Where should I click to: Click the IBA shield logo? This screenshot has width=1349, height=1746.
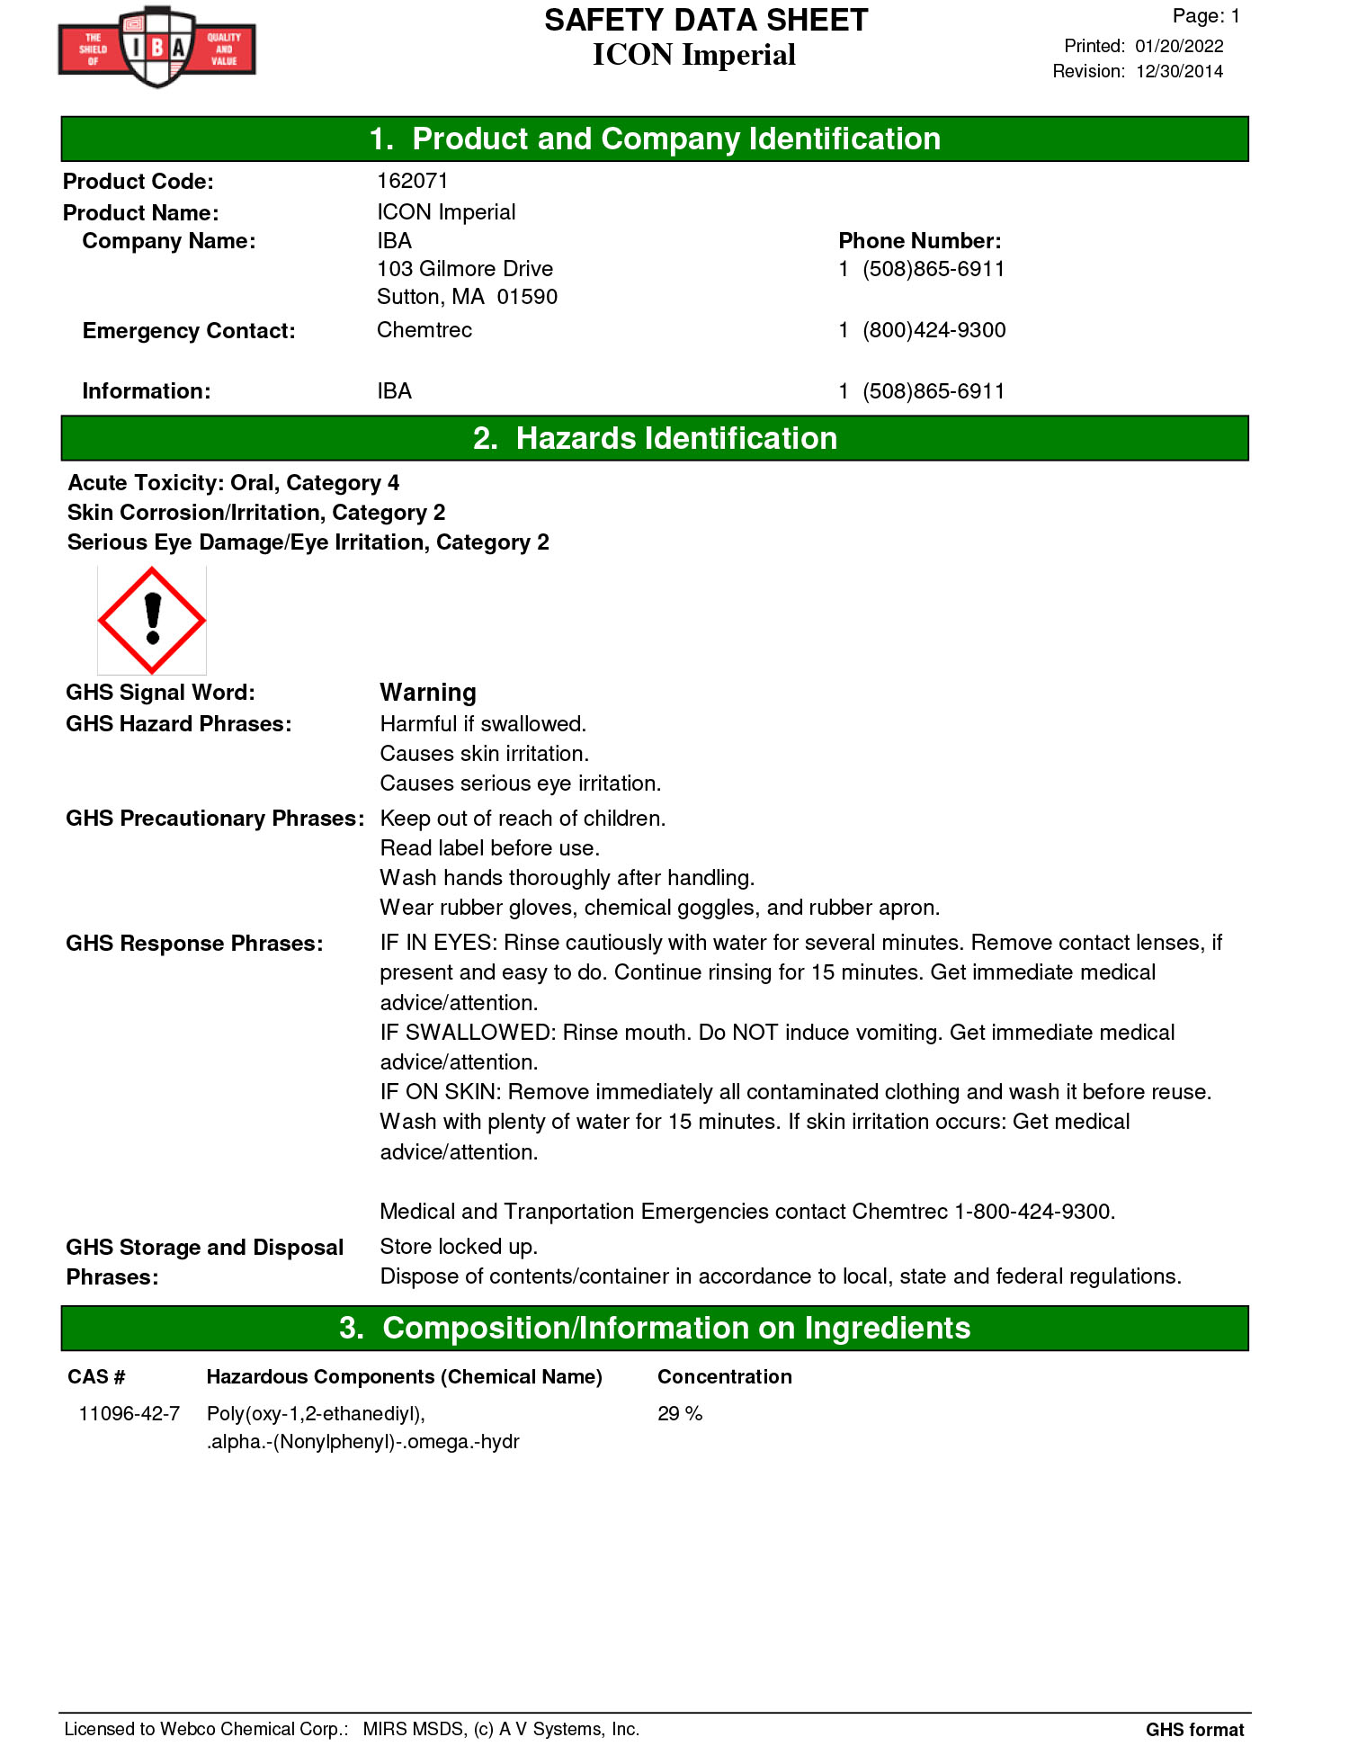click(157, 47)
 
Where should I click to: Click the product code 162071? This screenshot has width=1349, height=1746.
click(412, 181)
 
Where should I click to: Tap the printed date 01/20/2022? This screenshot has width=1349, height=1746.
click(1178, 46)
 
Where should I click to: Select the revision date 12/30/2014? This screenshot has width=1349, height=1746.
click(1178, 71)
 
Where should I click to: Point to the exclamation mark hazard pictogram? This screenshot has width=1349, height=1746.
click(152, 620)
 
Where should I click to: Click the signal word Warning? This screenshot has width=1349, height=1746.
click(428, 693)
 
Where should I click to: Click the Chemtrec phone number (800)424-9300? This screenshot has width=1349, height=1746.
click(934, 330)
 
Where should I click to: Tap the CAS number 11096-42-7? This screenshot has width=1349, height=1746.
click(130, 1413)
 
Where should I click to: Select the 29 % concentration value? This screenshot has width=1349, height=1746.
click(680, 1413)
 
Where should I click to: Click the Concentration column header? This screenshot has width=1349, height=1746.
click(724, 1376)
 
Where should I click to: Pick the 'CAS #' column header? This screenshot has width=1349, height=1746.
click(96, 1376)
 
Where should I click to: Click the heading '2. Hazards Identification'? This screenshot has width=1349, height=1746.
click(655, 438)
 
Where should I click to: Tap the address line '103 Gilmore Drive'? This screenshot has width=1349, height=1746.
click(465, 269)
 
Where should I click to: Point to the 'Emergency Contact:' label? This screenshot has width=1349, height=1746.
click(189, 331)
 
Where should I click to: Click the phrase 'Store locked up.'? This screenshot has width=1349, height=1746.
click(459, 1246)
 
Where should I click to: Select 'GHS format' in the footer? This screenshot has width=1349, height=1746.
click(1194, 1729)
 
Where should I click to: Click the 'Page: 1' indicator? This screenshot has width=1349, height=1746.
click(1205, 16)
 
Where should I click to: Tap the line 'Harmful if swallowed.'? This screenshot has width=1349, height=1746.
click(483, 724)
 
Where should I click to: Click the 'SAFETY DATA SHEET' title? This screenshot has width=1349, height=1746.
click(706, 20)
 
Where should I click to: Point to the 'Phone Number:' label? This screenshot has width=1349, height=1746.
click(919, 241)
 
